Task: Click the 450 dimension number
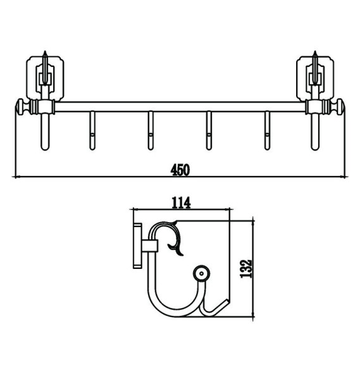click(x=180, y=170)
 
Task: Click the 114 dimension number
click(x=181, y=202)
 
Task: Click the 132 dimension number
click(x=246, y=269)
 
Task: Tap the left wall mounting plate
click(x=45, y=78)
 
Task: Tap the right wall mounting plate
click(x=315, y=78)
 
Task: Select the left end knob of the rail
click(x=23, y=107)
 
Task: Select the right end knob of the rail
click(x=337, y=107)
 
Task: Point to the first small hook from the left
click(x=92, y=130)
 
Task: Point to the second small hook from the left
click(x=151, y=130)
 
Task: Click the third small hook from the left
click(x=209, y=130)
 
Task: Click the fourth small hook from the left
click(x=267, y=130)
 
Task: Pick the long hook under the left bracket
click(x=45, y=132)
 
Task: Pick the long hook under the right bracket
click(x=315, y=132)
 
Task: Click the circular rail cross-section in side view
click(x=201, y=273)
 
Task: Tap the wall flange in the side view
click(x=137, y=246)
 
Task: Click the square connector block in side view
click(x=150, y=246)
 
